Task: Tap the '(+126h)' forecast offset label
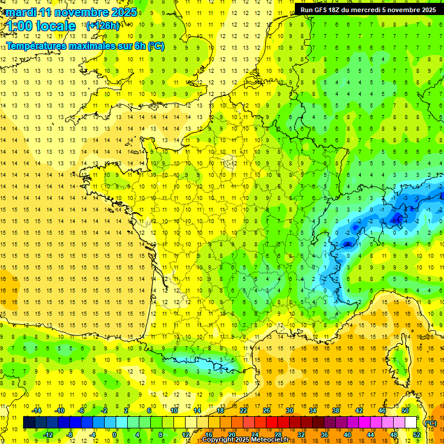102,25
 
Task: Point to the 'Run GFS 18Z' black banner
368,10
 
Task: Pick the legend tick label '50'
405,410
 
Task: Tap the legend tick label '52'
416,435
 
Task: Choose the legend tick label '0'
114,435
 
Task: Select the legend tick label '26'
267,410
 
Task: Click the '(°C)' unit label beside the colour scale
430,423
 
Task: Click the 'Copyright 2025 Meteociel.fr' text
245,440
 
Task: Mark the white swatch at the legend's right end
410,423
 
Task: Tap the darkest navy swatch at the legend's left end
29,423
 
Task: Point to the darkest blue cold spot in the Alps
397,218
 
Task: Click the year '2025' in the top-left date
124,12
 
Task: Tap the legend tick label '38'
335,410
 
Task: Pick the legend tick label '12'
186,435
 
